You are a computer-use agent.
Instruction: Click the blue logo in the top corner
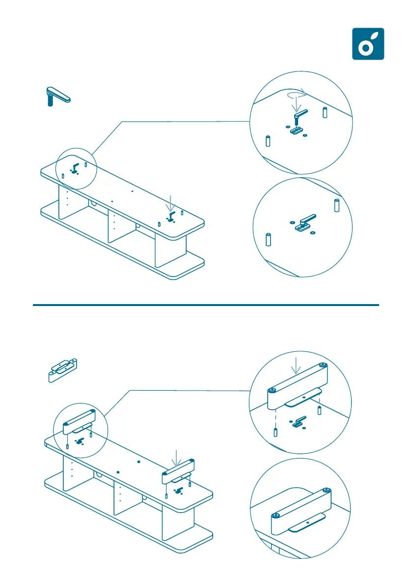click(x=368, y=44)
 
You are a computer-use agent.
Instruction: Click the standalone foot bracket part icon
click(x=62, y=369)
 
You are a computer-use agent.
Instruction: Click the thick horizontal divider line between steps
click(x=206, y=305)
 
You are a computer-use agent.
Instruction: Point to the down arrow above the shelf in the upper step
click(x=170, y=202)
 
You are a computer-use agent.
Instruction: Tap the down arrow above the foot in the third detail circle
click(x=296, y=365)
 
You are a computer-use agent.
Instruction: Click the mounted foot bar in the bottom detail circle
click(x=300, y=512)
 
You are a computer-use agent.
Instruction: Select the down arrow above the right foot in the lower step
click(x=177, y=458)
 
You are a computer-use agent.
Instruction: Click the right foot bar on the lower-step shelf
click(x=178, y=471)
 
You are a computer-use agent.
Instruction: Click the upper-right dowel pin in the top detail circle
click(x=325, y=112)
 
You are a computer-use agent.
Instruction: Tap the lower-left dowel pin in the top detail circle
click(x=269, y=141)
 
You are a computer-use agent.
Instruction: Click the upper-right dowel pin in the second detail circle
click(x=337, y=205)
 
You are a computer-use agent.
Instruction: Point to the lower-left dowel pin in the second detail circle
click(x=268, y=239)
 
